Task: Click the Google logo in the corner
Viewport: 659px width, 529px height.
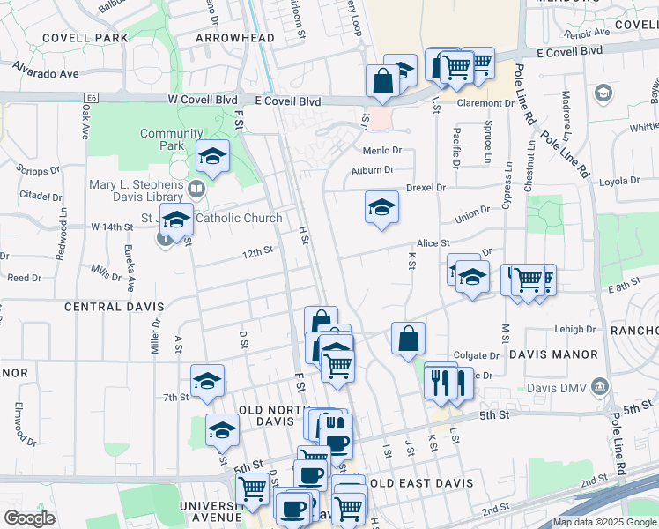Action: (29, 518)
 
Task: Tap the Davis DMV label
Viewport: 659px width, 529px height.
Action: (560, 387)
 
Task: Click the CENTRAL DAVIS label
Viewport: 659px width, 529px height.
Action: (115, 306)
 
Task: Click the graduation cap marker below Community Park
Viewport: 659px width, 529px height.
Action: (212, 156)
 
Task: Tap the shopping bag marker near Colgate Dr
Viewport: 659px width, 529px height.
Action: (408, 339)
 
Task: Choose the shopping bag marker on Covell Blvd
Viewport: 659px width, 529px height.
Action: (384, 81)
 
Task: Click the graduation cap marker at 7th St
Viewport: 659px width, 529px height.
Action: (207, 381)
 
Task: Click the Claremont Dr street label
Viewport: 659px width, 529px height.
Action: (485, 103)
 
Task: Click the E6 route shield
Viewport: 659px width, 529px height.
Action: (89, 99)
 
